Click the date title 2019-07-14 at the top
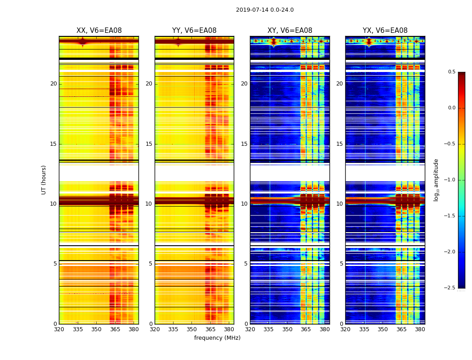[x=264, y=10]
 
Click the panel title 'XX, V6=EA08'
[x=99, y=31]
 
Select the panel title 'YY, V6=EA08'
[x=194, y=31]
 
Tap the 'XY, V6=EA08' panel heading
[x=289, y=31]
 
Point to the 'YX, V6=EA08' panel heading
[x=385, y=31]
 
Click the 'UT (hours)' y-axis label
[x=44, y=180]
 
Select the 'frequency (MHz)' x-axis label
[x=217, y=338]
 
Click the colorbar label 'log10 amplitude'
[x=436, y=180]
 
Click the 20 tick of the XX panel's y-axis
[x=53, y=84]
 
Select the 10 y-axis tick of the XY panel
[x=244, y=204]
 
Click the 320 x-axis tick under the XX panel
[x=59, y=329]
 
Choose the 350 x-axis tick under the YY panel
[x=192, y=329]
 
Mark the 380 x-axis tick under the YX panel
[x=420, y=329]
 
